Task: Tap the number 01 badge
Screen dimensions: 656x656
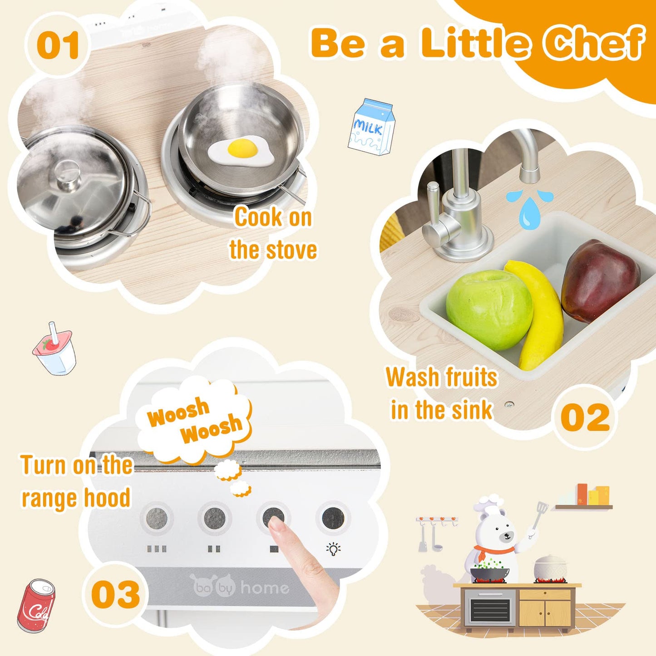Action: coord(58,45)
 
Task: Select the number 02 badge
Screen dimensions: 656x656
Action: coord(585,417)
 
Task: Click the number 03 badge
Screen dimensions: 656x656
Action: coord(115,595)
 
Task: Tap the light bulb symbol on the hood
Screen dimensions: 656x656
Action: coord(334,549)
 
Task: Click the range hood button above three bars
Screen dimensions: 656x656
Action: coord(157,518)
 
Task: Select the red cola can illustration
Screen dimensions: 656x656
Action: coord(36,606)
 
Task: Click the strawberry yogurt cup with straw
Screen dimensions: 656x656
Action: coord(54,350)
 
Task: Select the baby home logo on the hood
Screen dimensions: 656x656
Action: coord(241,587)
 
